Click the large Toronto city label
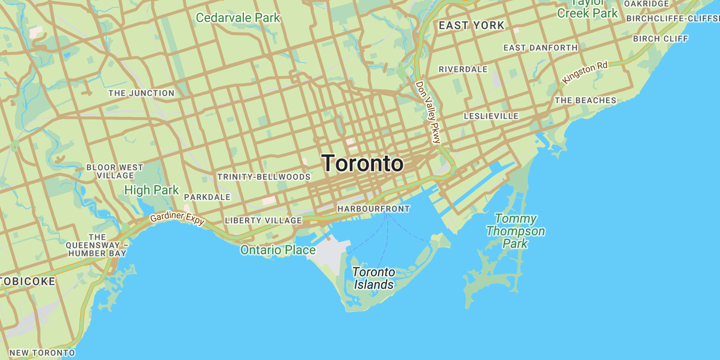(x=363, y=163)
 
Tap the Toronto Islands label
(x=373, y=279)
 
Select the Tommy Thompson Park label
(x=516, y=231)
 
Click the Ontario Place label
(x=278, y=250)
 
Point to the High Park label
(x=152, y=190)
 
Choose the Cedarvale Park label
(x=238, y=18)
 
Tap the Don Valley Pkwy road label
(x=428, y=112)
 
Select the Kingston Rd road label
(x=585, y=72)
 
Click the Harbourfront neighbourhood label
(x=373, y=209)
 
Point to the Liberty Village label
(x=263, y=220)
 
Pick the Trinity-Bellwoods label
(x=264, y=177)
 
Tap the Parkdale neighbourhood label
(x=207, y=197)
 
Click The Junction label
(x=141, y=93)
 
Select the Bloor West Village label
(x=115, y=171)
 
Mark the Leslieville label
(x=491, y=116)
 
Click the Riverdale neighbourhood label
(x=463, y=69)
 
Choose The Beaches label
(x=585, y=100)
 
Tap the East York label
(x=472, y=26)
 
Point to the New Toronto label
(x=42, y=353)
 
